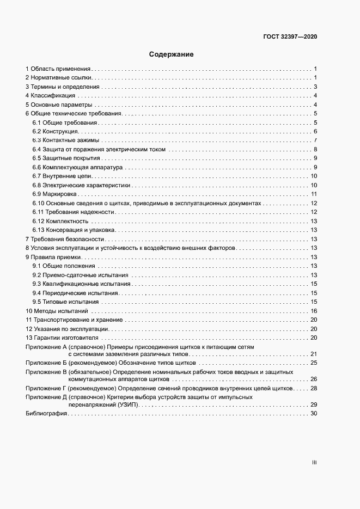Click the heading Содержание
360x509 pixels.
pyautogui.click(x=172, y=54)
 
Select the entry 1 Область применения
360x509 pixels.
pyautogui.click(x=58, y=69)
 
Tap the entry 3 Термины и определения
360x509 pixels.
pyautogui.click(x=63, y=87)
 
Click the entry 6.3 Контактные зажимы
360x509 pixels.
pyautogui.click(x=65, y=140)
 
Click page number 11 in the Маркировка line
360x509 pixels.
pyautogui.click(x=314, y=194)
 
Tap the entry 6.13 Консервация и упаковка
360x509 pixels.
pyautogui.click(x=73, y=230)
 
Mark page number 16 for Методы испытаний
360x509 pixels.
pyautogui.click(x=314, y=310)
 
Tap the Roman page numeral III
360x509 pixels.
pyautogui.click(x=314, y=463)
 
